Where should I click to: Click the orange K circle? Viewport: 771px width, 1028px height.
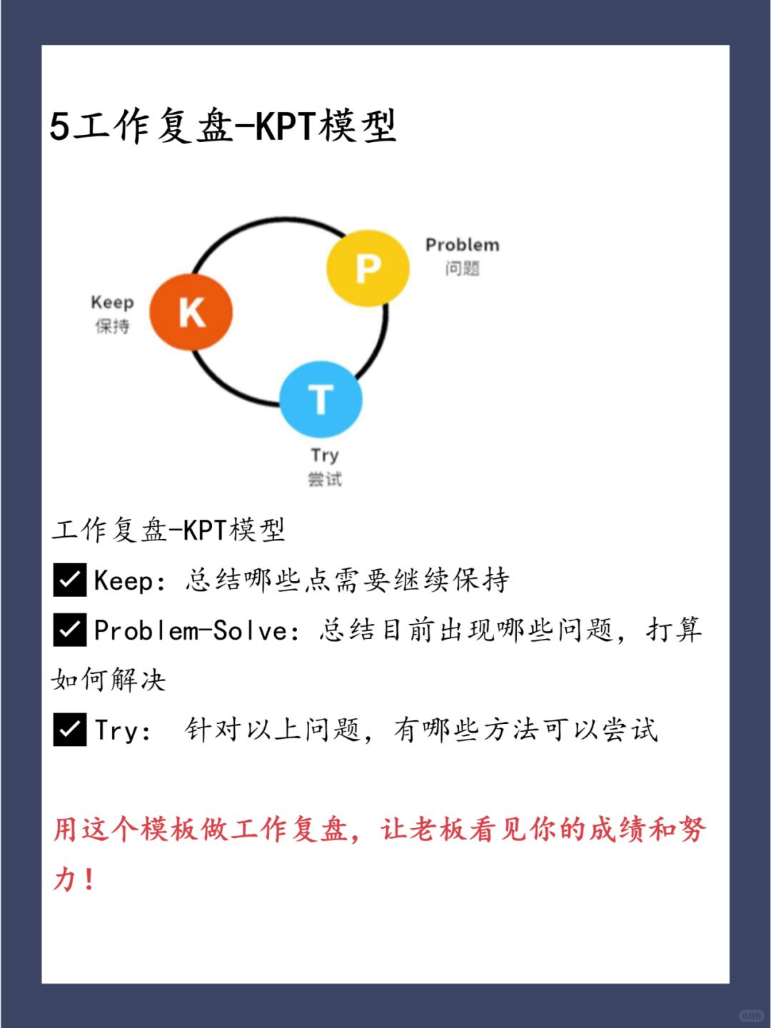tap(191, 312)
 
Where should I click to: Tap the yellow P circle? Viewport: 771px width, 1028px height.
tap(368, 268)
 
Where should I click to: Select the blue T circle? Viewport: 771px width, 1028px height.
tap(321, 399)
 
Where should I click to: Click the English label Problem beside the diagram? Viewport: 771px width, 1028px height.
tap(463, 245)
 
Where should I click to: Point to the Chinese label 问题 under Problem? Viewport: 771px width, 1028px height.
tap(463, 269)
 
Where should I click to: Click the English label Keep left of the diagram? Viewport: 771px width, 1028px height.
tap(112, 302)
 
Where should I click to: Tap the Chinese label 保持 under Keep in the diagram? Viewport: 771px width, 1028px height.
tap(112, 326)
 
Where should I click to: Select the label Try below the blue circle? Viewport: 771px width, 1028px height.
tap(324, 455)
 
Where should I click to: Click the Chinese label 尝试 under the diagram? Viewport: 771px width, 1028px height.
tap(324, 479)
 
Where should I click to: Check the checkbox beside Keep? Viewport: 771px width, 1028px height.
tap(70, 580)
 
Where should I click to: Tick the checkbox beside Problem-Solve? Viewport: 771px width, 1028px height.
tap(70, 630)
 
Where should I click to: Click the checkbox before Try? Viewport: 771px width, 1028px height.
tap(70, 730)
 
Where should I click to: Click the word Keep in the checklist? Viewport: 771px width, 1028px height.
tap(124, 580)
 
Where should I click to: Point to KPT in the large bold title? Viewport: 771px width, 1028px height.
tap(285, 126)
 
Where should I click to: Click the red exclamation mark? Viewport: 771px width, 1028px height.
tap(89, 879)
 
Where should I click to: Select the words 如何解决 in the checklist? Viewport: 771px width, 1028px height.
tap(109, 680)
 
